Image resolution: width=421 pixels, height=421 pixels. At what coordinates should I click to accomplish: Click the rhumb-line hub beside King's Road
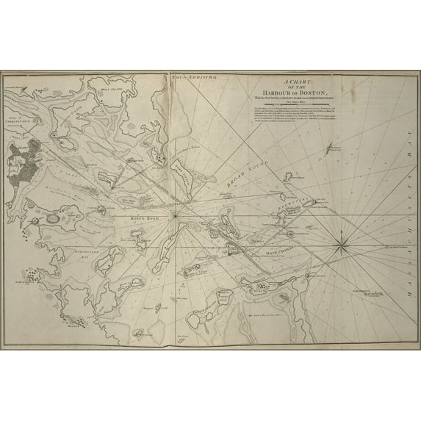tap(175, 218)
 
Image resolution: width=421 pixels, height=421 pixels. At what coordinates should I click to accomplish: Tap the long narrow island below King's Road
tap(110, 258)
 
